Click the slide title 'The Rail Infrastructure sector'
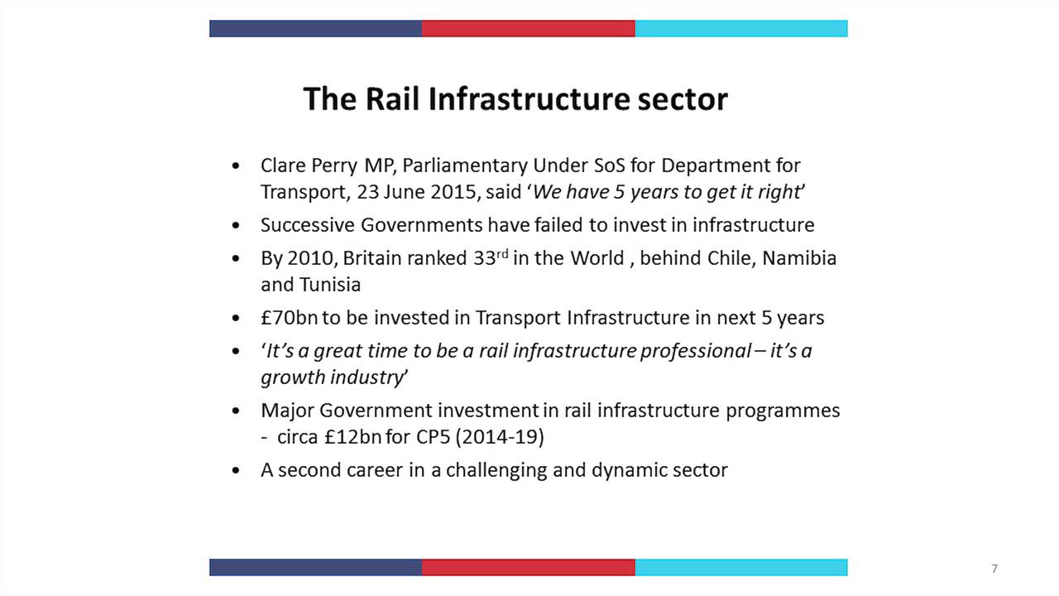(x=515, y=99)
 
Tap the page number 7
(x=994, y=569)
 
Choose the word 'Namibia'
(x=798, y=257)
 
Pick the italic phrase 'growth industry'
(x=331, y=377)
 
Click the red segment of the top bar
(x=528, y=28)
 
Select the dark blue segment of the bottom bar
(x=315, y=567)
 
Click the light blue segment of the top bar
(x=740, y=28)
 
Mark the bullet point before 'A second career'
(x=237, y=470)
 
